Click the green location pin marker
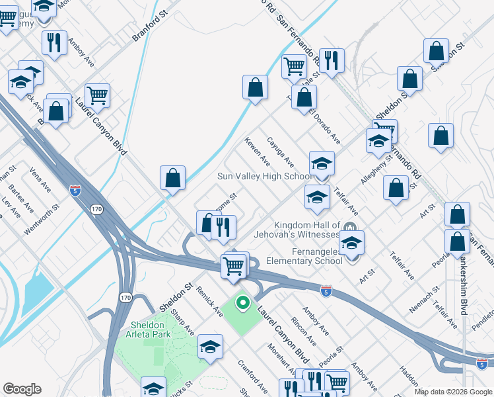pyautogui.click(x=242, y=303)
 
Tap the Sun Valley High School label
pyautogui.click(x=265, y=177)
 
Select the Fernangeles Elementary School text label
pyautogui.click(x=304, y=256)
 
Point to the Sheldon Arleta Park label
pyautogui.click(x=143, y=330)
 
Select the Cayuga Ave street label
pyautogui.click(x=280, y=152)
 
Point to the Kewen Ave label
pyautogui.click(x=257, y=152)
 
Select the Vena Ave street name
pyautogui.click(x=40, y=179)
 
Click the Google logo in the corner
pyautogui.click(x=22, y=389)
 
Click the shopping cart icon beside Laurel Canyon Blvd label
pyautogui.click(x=97, y=95)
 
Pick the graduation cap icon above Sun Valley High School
pyautogui.click(x=322, y=162)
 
